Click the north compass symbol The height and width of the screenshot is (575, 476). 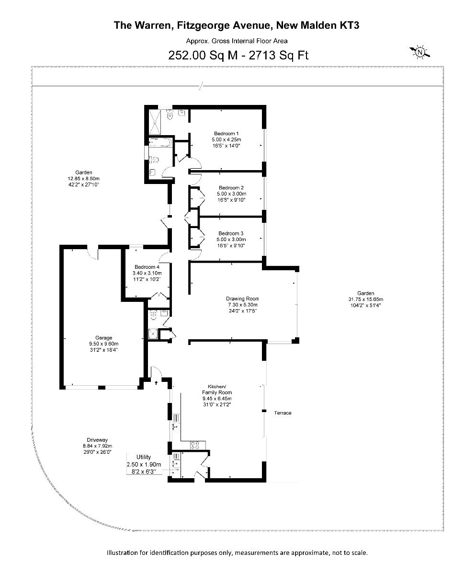click(x=419, y=52)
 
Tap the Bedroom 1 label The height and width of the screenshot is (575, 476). click(x=227, y=134)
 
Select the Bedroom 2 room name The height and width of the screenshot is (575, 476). click(x=231, y=188)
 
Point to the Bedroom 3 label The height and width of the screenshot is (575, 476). click(x=231, y=233)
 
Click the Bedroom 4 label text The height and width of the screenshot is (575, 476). click(x=147, y=267)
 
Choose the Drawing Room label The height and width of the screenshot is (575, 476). click(x=242, y=299)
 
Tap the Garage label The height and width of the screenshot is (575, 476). click(x=104, y=338)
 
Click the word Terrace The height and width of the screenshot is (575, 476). click(x=283, y=413)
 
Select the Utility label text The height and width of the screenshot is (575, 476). click(x=144, y=457)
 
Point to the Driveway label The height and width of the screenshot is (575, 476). click(x=97, y=440)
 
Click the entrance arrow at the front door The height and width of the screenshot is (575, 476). click(x=156, y=382)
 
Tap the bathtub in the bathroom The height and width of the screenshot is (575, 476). click(x=160, y=143)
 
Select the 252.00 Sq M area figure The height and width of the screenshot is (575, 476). click(x=203, y=56)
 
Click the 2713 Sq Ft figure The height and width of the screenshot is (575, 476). click(x=278, y=56)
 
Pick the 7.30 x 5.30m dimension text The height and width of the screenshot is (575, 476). click(x=242, y=305)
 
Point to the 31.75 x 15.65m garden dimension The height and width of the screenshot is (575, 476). click(x=365, y=299)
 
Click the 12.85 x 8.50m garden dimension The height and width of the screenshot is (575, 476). click(x=84, y=178)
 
